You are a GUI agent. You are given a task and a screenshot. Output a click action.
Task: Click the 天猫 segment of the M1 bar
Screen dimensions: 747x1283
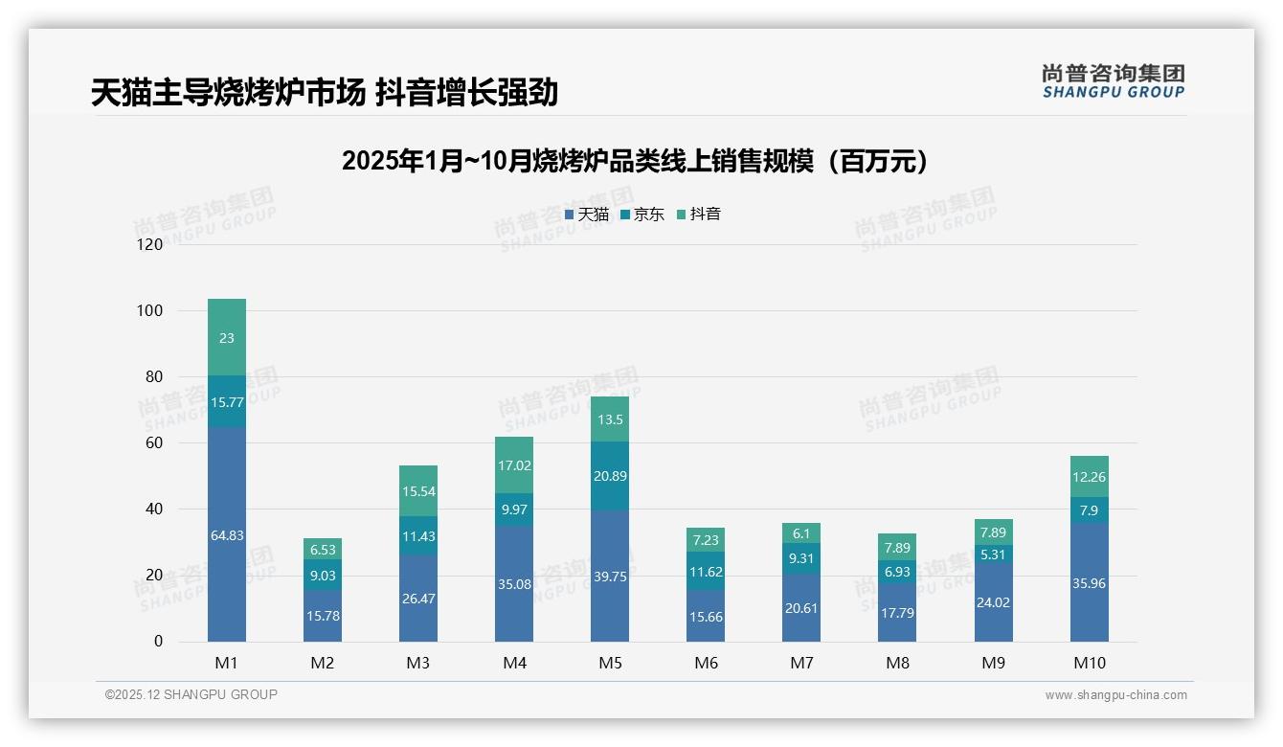pos(227,534)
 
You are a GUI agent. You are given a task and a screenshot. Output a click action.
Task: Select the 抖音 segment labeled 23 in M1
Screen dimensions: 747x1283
pos(227,337)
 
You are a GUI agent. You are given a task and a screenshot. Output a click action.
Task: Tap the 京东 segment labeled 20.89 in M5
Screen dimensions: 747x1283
pos(610,476)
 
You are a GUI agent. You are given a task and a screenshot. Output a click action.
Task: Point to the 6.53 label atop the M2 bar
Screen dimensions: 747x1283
pos(323,550)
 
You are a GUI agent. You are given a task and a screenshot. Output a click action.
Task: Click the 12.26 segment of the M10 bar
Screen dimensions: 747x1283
pos(1089,477)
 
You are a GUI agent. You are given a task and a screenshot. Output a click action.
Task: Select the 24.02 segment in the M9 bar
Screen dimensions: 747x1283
pos(993,602)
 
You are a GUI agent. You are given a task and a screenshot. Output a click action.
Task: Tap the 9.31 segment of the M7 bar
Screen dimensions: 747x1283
pos(801,558)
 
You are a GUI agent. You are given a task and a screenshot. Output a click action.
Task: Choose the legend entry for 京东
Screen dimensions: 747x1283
pos(642,215)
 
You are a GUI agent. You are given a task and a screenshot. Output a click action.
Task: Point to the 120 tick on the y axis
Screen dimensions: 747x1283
pos(150,244)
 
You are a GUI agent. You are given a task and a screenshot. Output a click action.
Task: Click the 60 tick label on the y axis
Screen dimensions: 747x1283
pos(154,442)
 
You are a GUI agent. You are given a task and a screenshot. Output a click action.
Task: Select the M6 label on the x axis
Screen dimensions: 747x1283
pos(706,663)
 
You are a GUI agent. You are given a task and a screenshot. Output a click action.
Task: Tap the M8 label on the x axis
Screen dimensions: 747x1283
pos(897,663)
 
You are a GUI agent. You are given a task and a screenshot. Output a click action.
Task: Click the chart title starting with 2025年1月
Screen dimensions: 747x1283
pos(635,161)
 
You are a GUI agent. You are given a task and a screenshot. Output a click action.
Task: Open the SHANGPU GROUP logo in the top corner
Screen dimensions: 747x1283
pos(1113,81)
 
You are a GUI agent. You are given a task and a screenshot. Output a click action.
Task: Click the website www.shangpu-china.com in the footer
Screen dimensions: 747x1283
pos(1115,695)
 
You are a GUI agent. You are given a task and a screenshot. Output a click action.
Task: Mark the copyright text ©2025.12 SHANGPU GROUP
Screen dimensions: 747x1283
pos(191,695)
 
